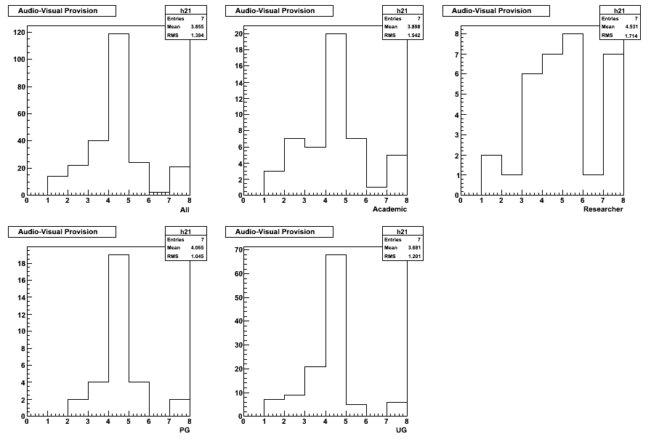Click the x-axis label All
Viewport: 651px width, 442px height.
(185, 210)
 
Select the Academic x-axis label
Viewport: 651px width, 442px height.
(389, 209)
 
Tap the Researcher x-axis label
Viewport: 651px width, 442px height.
(603, 209)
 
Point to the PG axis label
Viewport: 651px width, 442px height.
(185, 430)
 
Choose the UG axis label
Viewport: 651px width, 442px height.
(402, 430)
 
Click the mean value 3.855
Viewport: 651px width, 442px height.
(197, 27)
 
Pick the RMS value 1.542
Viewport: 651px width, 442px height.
(414, 36)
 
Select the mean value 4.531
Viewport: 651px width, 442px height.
(631, 27)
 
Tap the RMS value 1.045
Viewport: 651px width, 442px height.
(197, 257)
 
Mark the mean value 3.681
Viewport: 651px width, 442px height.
(414, 248)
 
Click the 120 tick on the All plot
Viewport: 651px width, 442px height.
(19, 33)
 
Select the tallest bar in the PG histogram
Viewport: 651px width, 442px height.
(118, 335)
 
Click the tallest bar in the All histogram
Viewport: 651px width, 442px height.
(118, 114)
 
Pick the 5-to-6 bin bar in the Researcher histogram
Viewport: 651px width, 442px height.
(573, 114)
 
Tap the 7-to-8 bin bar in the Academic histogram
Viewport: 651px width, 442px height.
(397, 175)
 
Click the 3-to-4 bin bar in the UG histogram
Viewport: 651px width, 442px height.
(315, 391)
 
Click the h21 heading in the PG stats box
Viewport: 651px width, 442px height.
(185, 232)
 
